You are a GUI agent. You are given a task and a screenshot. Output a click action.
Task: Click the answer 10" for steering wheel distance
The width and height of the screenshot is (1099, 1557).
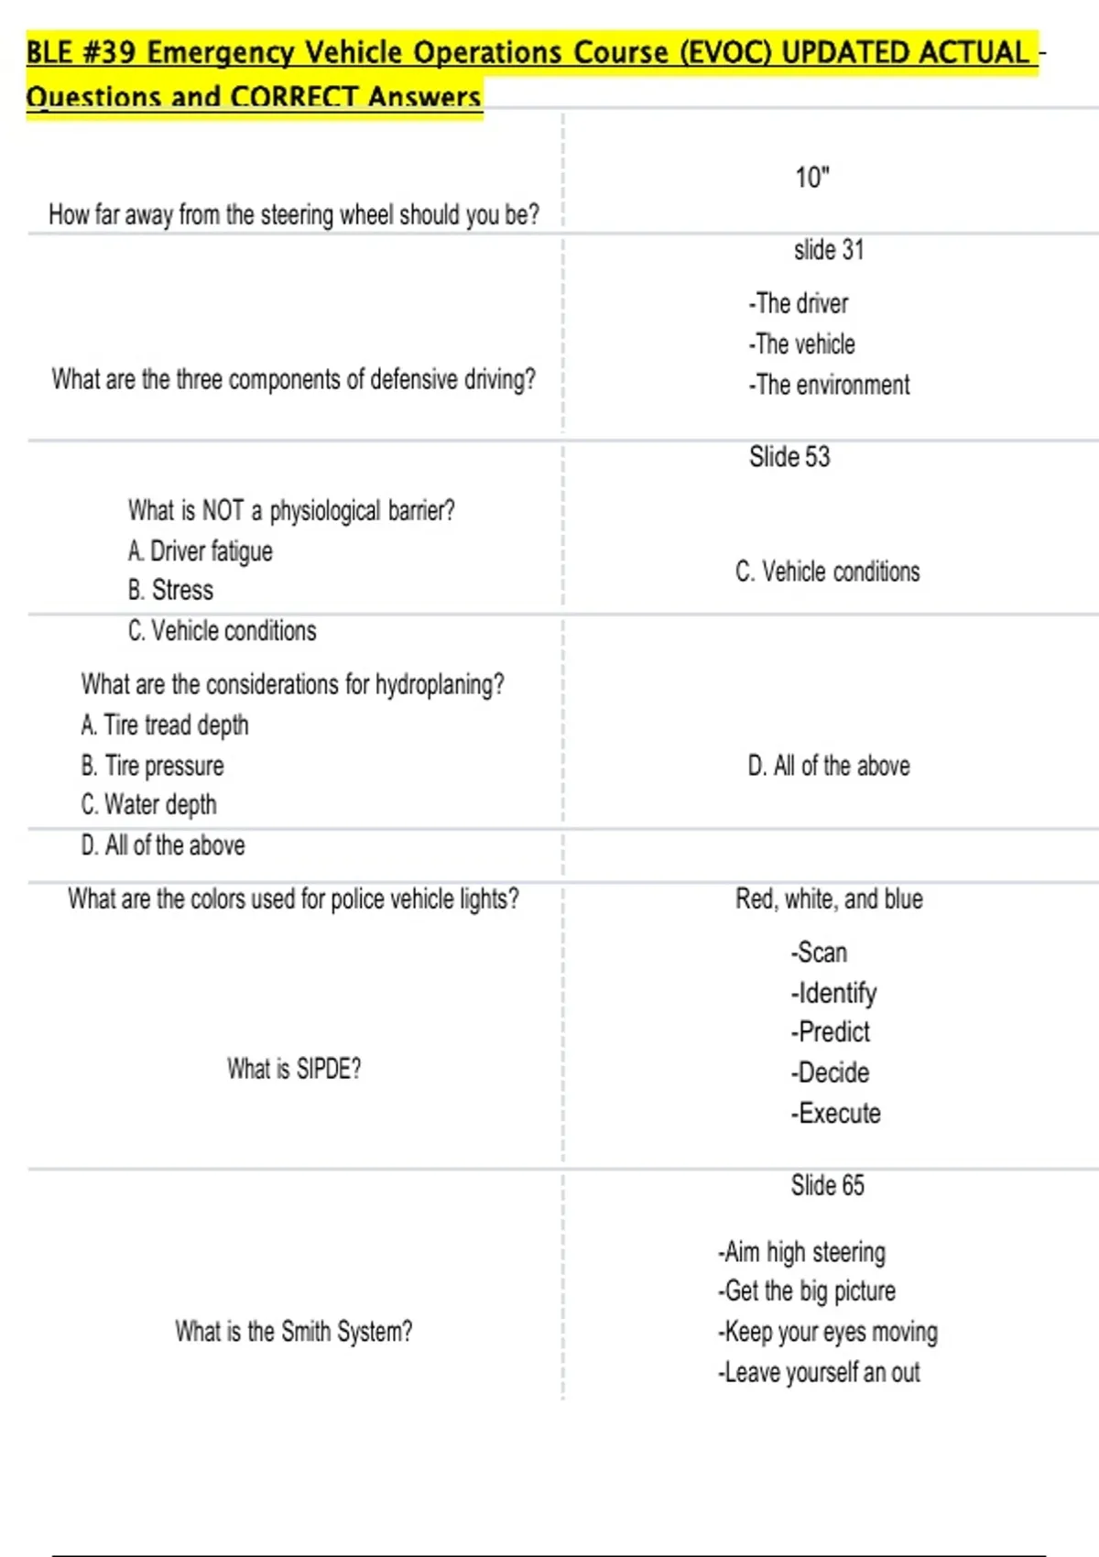point(811,177)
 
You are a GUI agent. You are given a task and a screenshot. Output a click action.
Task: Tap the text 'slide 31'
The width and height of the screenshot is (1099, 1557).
point(828,250)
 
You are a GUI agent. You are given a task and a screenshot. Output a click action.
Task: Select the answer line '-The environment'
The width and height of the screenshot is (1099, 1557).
point(829,385)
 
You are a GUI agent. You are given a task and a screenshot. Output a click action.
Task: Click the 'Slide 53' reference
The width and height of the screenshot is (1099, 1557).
point(789,456)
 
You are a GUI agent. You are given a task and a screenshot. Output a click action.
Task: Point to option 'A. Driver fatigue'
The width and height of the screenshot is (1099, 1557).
point(200,550)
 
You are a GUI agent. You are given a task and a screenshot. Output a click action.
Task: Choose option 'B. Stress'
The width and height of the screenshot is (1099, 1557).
point(170,590)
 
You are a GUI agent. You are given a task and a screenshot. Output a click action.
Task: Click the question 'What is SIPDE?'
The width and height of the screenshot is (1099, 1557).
point(293,1068)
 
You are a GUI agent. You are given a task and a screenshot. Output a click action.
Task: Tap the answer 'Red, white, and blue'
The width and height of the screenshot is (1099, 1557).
point(828,898)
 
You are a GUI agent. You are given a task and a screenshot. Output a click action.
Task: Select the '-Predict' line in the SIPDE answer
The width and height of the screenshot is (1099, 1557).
point(830,1031)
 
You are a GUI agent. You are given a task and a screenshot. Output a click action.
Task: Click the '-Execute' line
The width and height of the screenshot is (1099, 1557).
point(835,1113)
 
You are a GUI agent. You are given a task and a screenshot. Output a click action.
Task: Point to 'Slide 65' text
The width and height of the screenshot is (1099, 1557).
point(827,1185)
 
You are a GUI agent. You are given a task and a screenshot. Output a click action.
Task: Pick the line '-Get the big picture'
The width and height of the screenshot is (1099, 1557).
point(806,1290)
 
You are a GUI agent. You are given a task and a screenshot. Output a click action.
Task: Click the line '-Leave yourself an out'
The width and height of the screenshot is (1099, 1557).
point(819,1372)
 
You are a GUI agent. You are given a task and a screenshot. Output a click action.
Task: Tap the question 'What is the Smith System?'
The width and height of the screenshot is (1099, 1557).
point(293,1331)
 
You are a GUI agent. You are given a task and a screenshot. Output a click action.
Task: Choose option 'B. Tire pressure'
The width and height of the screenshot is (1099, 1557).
point(152,765)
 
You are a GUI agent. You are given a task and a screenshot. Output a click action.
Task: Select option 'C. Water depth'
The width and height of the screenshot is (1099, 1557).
point(148,804)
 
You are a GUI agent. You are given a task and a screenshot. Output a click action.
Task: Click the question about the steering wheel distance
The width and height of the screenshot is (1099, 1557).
point(293,214)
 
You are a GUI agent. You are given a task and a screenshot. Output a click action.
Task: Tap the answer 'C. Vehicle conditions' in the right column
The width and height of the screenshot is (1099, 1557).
point(827,572)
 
